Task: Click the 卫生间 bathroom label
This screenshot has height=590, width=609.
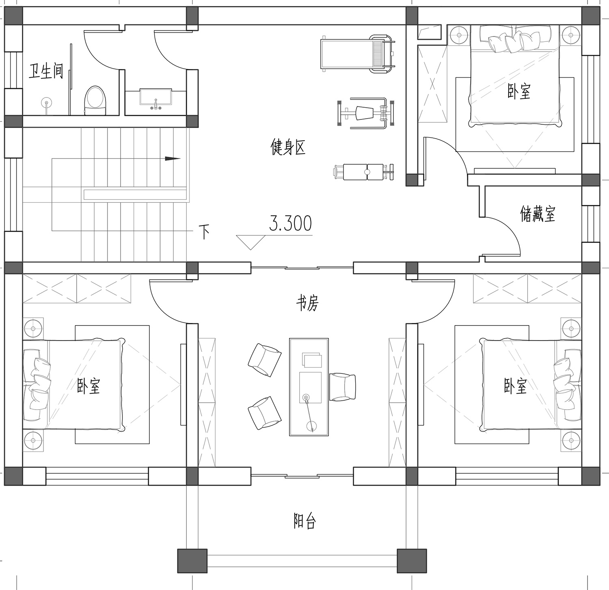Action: point(46,71)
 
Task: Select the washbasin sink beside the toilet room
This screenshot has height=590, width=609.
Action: point(155,99)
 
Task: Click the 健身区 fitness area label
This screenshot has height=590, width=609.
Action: point(288,147)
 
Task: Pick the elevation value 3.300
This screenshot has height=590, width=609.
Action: point(290,223)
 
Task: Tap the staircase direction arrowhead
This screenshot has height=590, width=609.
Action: point(173,159)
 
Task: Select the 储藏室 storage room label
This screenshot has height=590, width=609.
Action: point(538,213)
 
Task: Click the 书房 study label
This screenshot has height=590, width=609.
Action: point(307,303)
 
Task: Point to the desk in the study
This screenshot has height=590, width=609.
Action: point(309,386)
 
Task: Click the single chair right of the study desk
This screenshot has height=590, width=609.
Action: point(342,387)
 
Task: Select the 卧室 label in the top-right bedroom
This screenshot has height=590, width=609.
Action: point(519,91)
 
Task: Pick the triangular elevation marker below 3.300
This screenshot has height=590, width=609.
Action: point(251,242)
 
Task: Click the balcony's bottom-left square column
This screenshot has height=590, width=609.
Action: point(192,561)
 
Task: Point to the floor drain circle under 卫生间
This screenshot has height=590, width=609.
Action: point(46,102)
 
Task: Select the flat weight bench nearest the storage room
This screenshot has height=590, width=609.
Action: point(364,172)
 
